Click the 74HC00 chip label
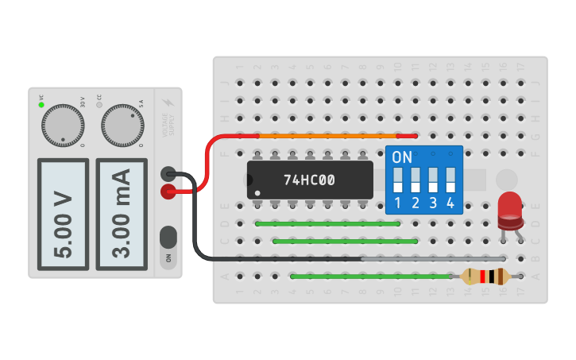309,180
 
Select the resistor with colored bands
485,277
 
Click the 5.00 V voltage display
63,214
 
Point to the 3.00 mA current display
122,214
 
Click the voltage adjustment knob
63,126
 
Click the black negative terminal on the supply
168,174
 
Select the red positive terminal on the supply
168,192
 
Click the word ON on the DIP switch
402,157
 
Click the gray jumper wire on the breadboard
433,258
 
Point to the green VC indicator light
41,105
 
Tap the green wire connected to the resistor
373,277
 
